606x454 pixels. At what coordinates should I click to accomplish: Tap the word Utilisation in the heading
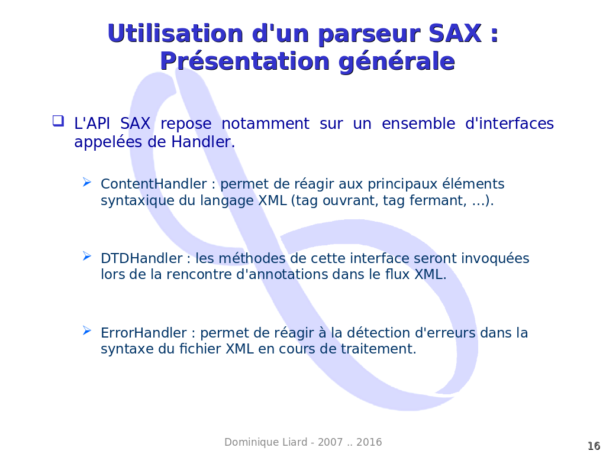(x=175, y=34)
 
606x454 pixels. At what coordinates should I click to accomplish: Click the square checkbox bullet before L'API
(x=58, y=121)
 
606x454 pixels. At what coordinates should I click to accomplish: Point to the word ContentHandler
(x=154, y=184)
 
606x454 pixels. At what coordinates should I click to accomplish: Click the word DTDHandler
(x=141, y=258)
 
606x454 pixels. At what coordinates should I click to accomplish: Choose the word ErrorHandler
(x=144, y=333)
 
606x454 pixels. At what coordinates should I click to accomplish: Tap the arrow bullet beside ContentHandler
(x=87, y=182)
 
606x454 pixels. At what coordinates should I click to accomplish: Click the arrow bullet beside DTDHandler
(x=87, y=256)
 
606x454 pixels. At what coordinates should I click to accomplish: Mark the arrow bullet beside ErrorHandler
(x=87, y=330)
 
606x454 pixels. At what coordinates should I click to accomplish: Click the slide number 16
(x=594, y=446)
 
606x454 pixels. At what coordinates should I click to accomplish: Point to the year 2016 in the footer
(x=369, y=442)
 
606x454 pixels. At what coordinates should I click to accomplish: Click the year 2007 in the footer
(x=330, y=442)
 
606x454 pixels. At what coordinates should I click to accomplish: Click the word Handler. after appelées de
(x=204, y=142)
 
